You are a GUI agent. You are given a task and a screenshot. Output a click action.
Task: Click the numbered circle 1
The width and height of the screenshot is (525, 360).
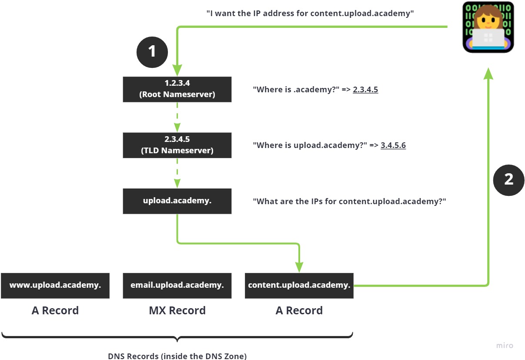152,52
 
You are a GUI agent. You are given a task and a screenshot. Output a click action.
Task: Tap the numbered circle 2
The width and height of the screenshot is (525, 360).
509,179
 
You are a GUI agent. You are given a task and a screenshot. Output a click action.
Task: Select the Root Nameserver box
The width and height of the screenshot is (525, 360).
177,89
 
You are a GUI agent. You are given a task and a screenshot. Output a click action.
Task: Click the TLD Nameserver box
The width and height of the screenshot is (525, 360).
177,145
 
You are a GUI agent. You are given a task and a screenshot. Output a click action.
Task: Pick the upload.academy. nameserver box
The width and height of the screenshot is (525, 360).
177,201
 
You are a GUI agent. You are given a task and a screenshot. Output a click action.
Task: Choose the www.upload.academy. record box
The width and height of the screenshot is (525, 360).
55,286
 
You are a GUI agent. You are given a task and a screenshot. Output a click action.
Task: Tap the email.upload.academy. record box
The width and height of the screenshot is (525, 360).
177,286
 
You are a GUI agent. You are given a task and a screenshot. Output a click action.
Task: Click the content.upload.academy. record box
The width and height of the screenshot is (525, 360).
299,286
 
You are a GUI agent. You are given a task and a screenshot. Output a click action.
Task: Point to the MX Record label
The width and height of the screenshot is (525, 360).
177,310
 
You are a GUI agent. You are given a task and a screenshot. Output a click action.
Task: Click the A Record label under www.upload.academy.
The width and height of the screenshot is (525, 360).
55,310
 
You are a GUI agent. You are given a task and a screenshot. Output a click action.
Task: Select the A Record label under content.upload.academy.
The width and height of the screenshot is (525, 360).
299,310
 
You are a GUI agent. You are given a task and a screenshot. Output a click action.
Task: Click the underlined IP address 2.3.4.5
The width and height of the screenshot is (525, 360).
365,90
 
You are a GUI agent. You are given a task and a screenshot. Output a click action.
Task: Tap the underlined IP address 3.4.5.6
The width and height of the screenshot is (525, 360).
393,145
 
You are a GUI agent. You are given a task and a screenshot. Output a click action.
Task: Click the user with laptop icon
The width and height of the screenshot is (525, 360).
488,27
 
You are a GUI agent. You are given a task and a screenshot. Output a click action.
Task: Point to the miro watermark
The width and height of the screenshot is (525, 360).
505,346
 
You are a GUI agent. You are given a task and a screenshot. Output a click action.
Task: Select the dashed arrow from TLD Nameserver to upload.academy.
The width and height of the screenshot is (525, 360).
177,173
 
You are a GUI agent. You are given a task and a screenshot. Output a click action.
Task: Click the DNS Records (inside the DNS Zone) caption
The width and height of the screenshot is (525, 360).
177,356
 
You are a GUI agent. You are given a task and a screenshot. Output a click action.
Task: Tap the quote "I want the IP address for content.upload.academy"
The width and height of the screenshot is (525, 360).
310,13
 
